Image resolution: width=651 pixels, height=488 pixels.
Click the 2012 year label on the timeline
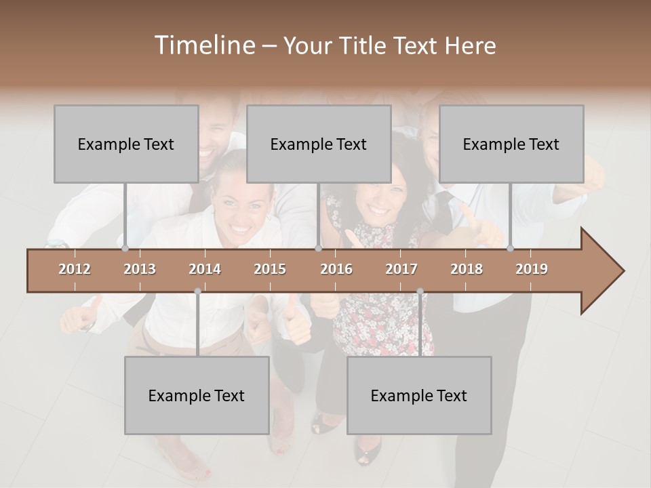pyautogui.click(x=75, y=269)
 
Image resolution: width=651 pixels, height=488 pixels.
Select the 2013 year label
pyautogui.click(x=140, y=269)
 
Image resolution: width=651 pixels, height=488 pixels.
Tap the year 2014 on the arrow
pyautogui.click(x=205, y=269)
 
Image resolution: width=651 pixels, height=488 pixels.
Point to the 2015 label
pyautogui.click(x=270, y=269)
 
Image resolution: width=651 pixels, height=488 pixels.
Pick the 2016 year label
pyautogui.click(x=336, y=269)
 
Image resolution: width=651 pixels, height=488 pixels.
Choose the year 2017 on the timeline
pyautogui.click(x=401, y=269)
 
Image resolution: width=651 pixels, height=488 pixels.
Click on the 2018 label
pyautogui.click(x=467, y=269)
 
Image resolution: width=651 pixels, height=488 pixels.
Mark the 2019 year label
pyautogui.click(x=532, y=269)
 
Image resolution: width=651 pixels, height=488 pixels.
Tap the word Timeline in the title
pyautogui.click(x=204, y=45)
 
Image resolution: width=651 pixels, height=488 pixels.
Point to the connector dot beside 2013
pyautogui.click(x=125, y=249)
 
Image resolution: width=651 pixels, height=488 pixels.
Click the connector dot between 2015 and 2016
pyautogui.click(x=319, y=249)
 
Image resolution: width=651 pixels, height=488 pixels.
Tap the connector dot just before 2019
pyautogui.click(x=511, y=249)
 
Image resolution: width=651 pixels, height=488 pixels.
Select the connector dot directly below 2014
pyautogui.click(x=197, y=291)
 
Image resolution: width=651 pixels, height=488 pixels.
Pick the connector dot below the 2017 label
pyautogui.click(x=420, y=291)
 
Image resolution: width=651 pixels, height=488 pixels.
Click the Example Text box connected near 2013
pyautogui.click(x=126, y=144)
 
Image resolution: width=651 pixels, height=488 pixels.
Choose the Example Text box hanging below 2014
pyautogui.click(x=197, y=395)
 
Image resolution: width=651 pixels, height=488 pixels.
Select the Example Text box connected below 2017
pyautogui.click(x=419, y=395)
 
